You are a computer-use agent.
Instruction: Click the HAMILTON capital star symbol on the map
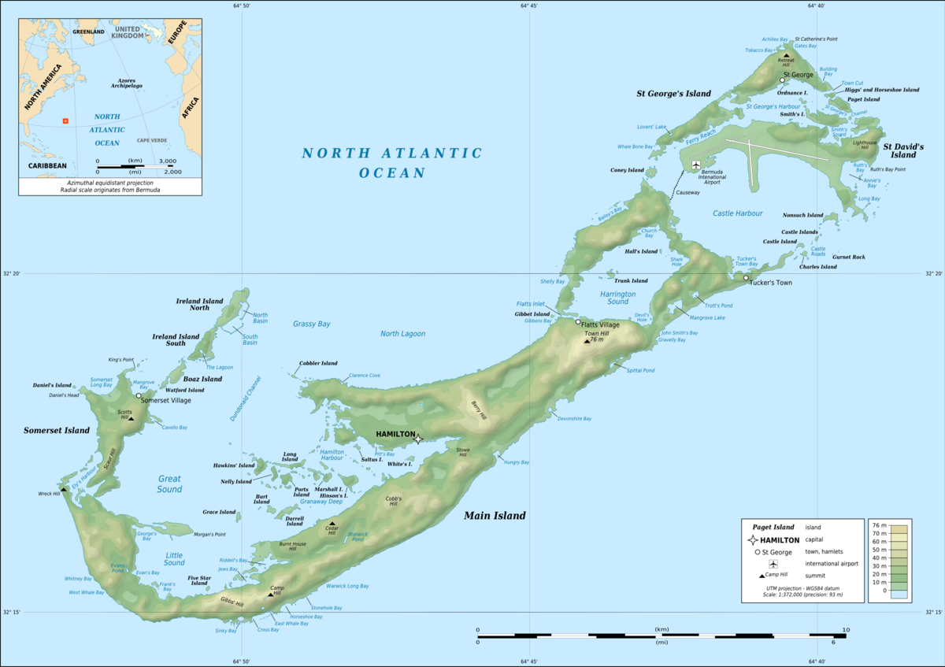point(419,439)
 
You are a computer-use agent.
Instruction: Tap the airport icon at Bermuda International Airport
point(695,165)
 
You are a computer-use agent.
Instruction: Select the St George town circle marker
point(783,80)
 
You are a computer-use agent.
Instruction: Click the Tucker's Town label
point(770,282)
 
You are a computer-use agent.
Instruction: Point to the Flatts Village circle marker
point(577,322)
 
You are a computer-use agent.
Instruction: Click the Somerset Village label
point(167,400)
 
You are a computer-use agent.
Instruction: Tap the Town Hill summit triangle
point(587,341)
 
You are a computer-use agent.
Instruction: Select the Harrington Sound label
point(617,297)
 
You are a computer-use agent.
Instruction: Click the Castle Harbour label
point(737,213)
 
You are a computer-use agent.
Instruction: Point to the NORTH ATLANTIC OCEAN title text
point(391,162)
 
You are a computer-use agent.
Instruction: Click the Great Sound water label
point(169,484)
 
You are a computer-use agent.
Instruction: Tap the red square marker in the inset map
point(65,121)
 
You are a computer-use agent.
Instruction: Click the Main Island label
point(494,516)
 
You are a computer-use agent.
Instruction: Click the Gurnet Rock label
point(848,257)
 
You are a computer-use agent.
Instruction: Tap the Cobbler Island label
point(318,363)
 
